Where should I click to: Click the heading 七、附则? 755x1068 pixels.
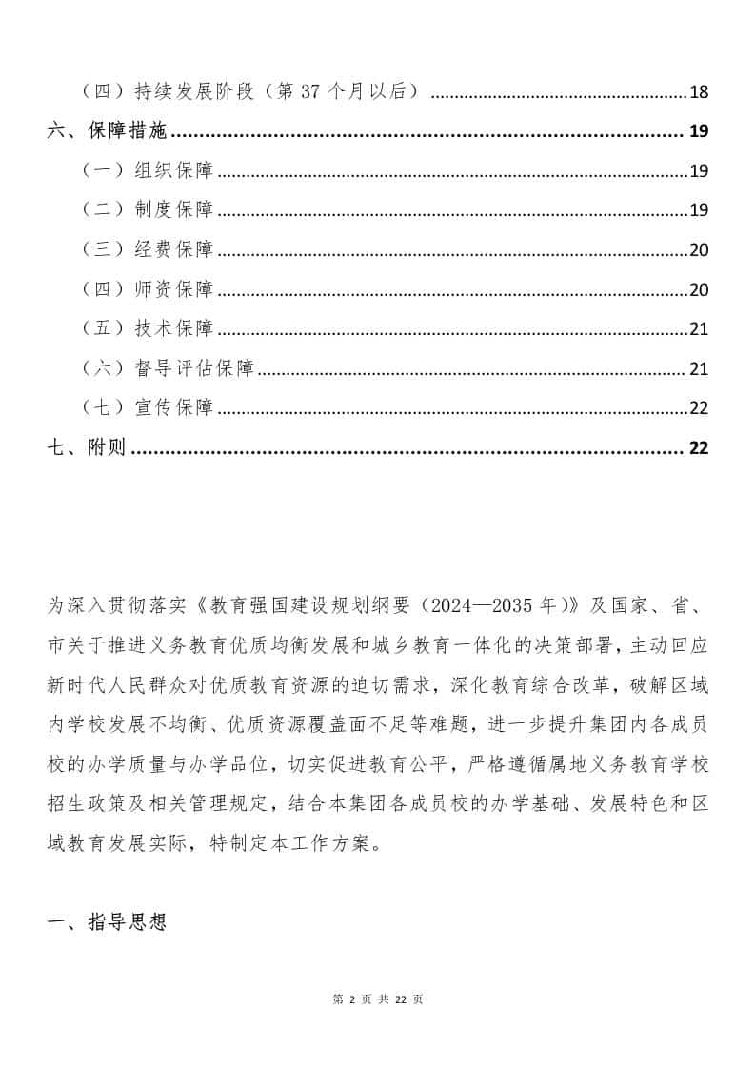click(x=86, y=448)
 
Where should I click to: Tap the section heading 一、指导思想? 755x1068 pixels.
click(x=107, y=921)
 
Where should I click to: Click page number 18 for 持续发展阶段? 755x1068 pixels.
click(x=699, y=92)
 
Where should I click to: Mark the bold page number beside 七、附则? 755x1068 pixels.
click(x=699, y=448)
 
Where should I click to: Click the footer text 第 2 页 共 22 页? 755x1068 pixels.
click(x=378, y=999)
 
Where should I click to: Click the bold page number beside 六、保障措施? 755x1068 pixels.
click(x=699, y=131)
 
